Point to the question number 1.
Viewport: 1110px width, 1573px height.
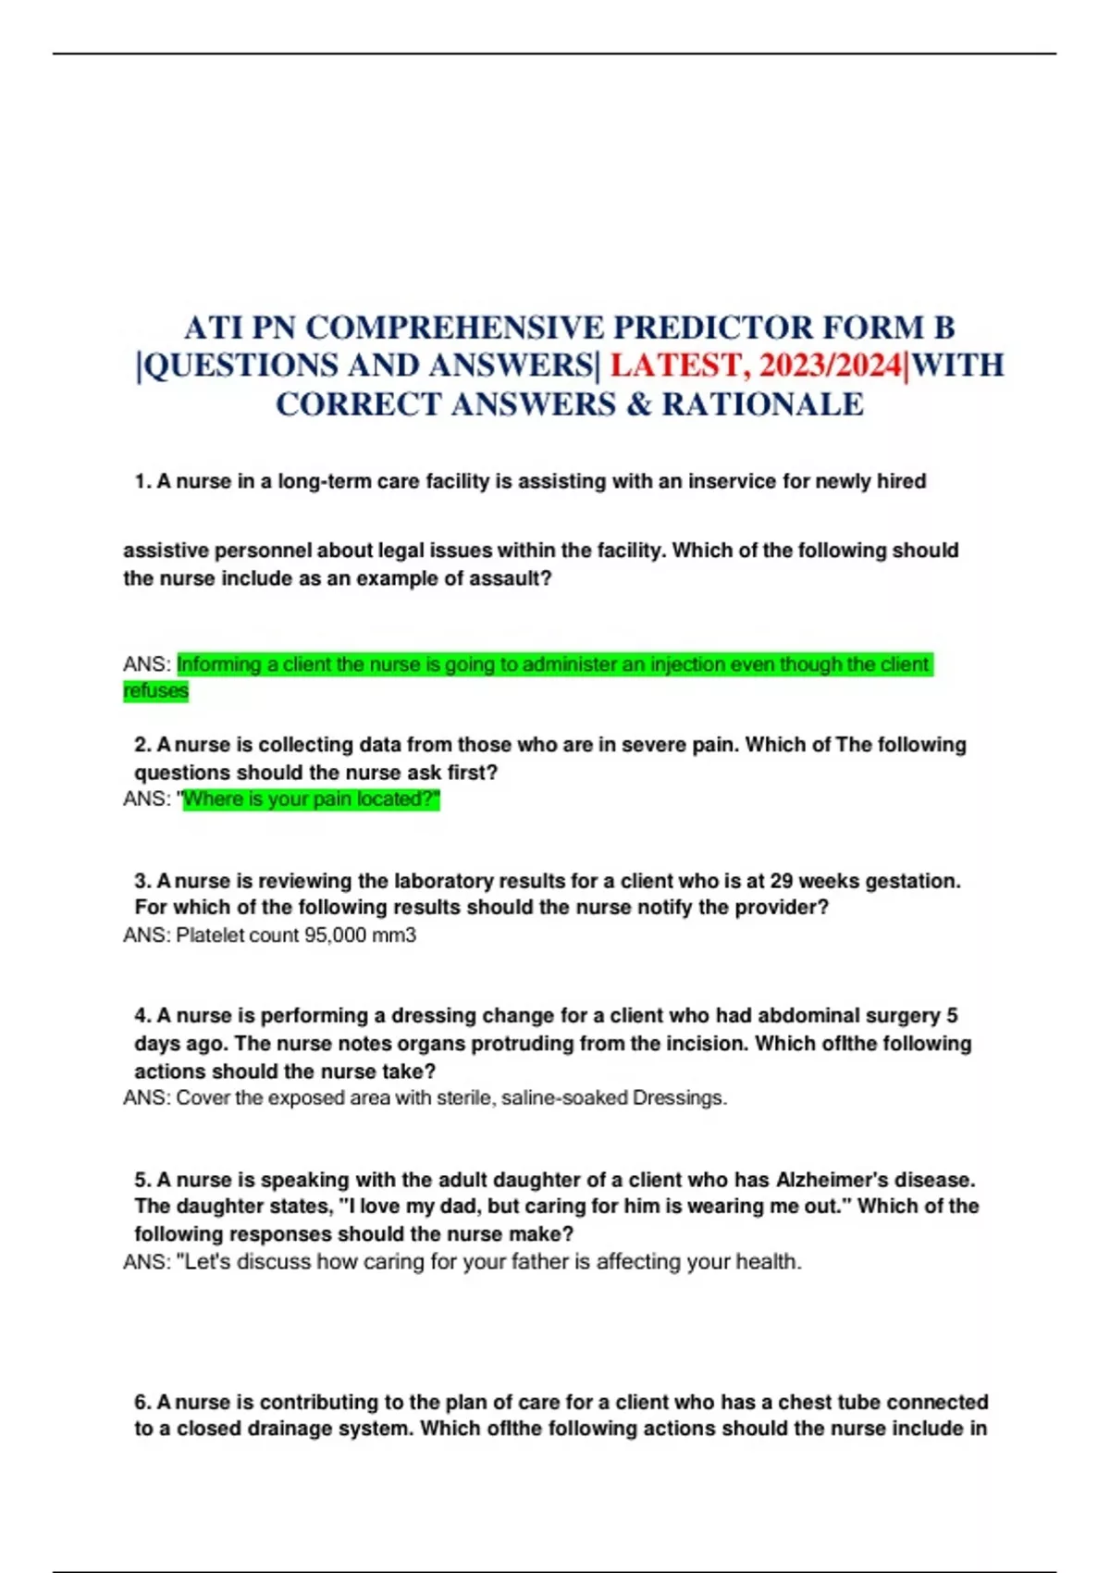tap(142, 482)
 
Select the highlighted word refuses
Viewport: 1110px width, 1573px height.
tap(155, 691)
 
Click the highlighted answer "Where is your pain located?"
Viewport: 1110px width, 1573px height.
tap(311, 799)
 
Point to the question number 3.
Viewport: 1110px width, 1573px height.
tap(142, 881)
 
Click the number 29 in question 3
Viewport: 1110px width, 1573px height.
tap(782, 881)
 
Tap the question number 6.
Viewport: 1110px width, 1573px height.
tap(142, 1403)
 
